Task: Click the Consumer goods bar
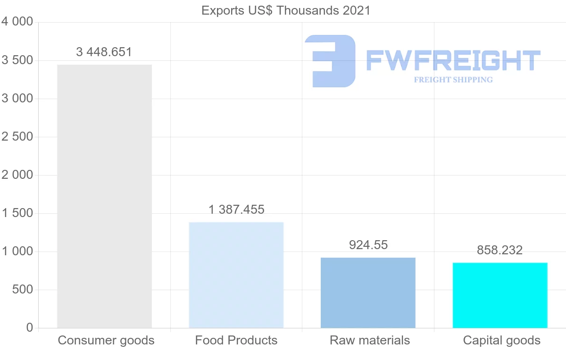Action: coord(104,196)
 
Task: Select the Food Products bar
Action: coord(236,275)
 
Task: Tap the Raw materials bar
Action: coord(368,293)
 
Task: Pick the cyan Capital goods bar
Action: coord(500,295)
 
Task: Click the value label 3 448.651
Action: coord(104,52)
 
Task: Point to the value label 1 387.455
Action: coord(236,209)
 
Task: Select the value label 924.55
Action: coord(368,245)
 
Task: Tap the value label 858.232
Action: coord(500,250)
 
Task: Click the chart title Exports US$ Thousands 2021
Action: coord(286,10)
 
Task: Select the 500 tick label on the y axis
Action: coord(22,290)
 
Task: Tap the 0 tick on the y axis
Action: coord(30,328)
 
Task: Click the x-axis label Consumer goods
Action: coord(106,340)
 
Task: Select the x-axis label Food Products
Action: coord(236,340)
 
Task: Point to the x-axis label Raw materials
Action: coord(370,340)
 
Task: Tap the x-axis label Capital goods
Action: coord(502,340)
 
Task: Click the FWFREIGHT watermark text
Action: coord(453,60)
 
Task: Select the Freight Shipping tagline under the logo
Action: coord(453,80)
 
